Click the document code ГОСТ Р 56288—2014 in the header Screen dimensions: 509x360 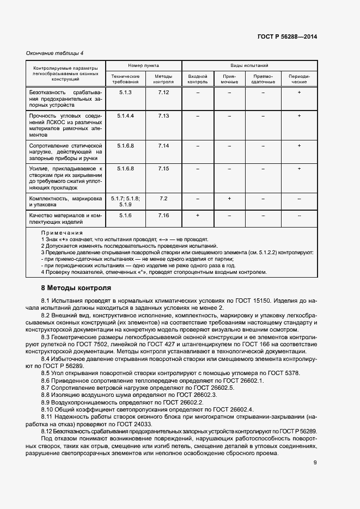click(x=287, y=36)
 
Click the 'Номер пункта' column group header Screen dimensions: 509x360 click(x=143, y=65)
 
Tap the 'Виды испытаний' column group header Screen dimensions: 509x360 click(x=249, y=65)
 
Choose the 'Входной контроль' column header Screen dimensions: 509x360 click(x=198, y=79)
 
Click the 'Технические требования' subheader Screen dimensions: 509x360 click(x=126, y=79)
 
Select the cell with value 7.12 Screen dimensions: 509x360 click(x=164, y=93)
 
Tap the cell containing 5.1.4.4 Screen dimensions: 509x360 click(x=126, y=116)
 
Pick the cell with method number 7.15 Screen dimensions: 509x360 click(x=164, y=169)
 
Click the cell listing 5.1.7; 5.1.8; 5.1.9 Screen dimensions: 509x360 click(x=126, y=201)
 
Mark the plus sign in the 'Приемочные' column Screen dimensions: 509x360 click(x=229, y=199)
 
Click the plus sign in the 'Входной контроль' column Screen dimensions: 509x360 click(x=198, y=216)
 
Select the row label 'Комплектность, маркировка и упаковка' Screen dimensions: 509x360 click(x=65, y=202)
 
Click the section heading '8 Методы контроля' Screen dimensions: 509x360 click(x=76, y=287)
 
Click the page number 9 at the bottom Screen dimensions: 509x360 click(x=315, y=463)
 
